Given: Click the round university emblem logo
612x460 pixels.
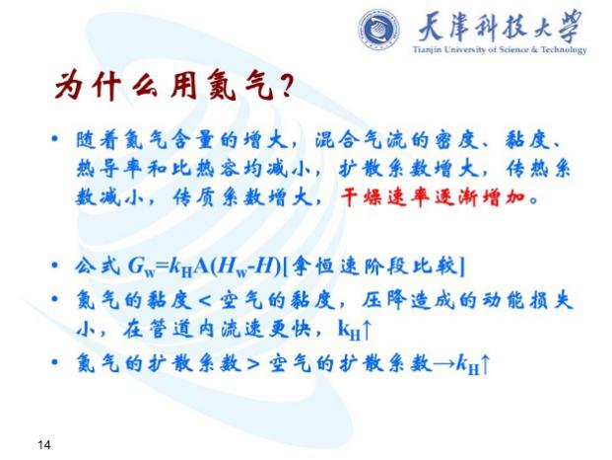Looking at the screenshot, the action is [378, 30].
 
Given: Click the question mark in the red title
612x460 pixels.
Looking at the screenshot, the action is [286, 86].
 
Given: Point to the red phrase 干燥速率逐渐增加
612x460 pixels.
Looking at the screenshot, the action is [432, 197].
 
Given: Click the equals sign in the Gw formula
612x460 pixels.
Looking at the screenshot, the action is [164, 267].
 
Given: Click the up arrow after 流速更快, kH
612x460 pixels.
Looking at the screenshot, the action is [366, 331].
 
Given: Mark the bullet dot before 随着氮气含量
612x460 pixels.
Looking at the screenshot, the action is [54, 139].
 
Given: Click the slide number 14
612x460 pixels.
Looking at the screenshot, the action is [44, 444].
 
